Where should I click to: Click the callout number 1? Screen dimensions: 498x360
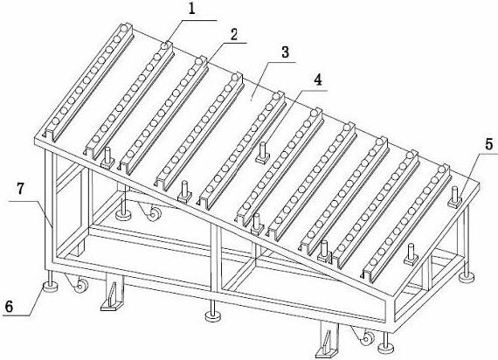(x=191, y=9)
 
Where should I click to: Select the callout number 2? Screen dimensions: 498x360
(x=234, y=34)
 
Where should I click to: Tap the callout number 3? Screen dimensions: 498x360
(x=285, y=52)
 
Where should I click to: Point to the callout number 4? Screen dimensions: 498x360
(x=318, y=80)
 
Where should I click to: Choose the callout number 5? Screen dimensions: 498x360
(x=489, y=143)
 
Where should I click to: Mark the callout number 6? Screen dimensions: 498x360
(x=10, y=307)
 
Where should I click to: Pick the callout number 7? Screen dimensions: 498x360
(x=20, y=189)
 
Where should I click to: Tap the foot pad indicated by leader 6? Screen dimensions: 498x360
(x=50, y=286)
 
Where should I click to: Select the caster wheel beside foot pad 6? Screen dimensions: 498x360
(x=80, y=285)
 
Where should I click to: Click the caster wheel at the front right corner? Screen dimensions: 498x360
(x=367, y=338)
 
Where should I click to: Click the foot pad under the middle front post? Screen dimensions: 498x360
(x=212, y=315)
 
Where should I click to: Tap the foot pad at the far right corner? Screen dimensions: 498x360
(x=467, y=277)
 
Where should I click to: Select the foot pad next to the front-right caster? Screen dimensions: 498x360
(x=386, y=348)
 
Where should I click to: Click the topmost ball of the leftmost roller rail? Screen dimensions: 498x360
(x=124, y=28)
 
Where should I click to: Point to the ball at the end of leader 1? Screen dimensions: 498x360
(x=164, y=46)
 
